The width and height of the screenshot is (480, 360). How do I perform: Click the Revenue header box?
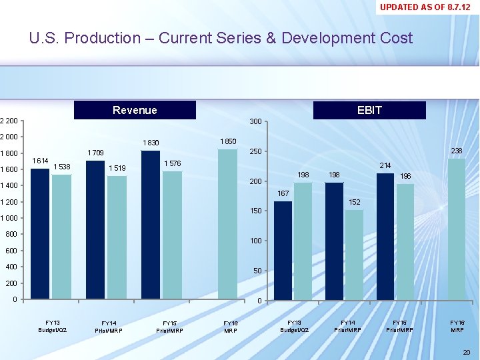tap(135, 110)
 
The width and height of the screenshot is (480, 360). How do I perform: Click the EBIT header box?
tap(369, 110)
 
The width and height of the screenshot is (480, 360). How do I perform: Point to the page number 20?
tap(466, 352)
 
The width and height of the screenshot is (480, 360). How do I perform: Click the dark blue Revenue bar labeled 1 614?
tap(40, 233)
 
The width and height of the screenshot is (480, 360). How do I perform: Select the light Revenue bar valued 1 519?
tap(117, 237)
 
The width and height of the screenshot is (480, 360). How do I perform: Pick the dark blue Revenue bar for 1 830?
tap(151, 224)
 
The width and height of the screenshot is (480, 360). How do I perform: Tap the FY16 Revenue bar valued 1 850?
tap(227, 223)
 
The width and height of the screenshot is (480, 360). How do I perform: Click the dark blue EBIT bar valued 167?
tap(283, 251)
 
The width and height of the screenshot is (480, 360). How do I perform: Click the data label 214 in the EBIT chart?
tap(385, 165)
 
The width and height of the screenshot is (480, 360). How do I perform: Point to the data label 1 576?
tap(173, 163)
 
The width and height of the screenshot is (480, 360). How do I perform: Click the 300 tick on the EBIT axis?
tap(255, 121)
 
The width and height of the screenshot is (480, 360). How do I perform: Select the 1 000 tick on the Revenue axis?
tap(10, 219)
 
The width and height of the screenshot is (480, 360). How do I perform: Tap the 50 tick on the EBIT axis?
tap(256, 271)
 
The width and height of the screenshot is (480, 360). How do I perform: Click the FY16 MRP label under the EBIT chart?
tap(457, 326)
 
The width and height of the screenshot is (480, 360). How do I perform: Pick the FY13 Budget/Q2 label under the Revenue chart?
tap(52, 326)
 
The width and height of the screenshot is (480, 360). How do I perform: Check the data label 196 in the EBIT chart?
tap(405, 177)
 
